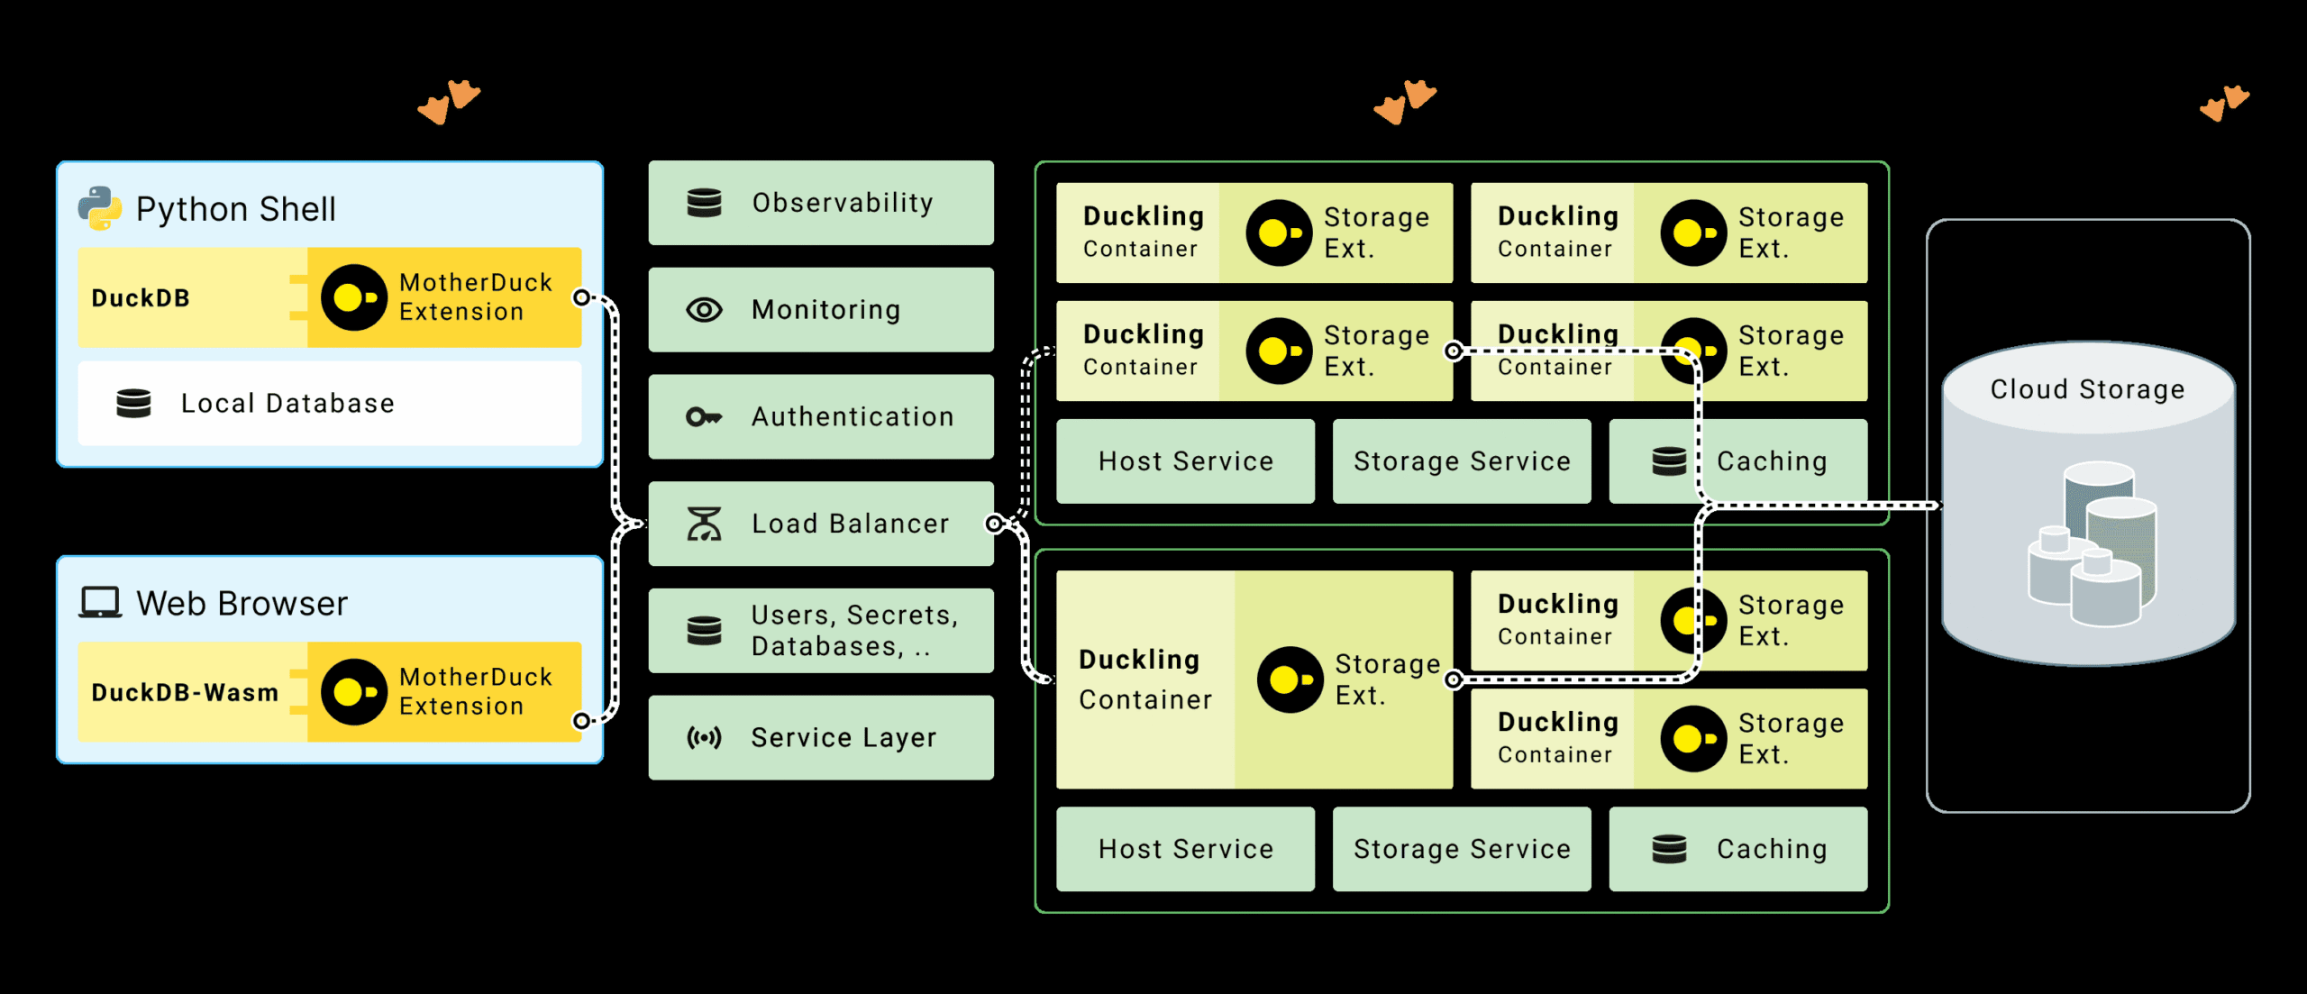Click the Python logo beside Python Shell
tap(100, 208)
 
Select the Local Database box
tap(329, 403)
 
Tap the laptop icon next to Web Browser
tap(100, 602)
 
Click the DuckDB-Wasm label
tap(185, 692)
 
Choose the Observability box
tap(820, 203)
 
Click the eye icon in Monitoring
tap(704, 310)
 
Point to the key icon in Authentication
tap(704, 416)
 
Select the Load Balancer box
tap(820, 524)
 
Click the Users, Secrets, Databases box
tap(820, 630)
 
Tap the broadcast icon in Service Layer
tap(704, 738)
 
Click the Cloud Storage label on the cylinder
tap(2087, 389)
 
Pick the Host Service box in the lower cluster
tap(1185, 848)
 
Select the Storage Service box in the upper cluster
tap(1461, 461)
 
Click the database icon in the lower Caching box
tap(1669, 848)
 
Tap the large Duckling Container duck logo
tap(1290, 679)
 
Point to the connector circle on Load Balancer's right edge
tap(994, 524)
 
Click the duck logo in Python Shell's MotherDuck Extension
tap(354, 296)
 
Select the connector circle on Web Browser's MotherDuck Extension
tap(582, 720)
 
